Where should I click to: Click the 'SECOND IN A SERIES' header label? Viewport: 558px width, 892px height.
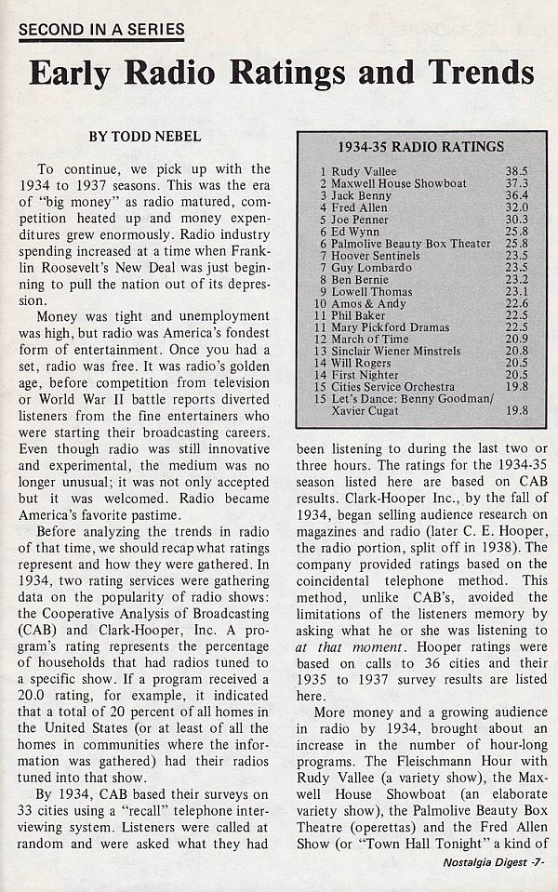point(101,29)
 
